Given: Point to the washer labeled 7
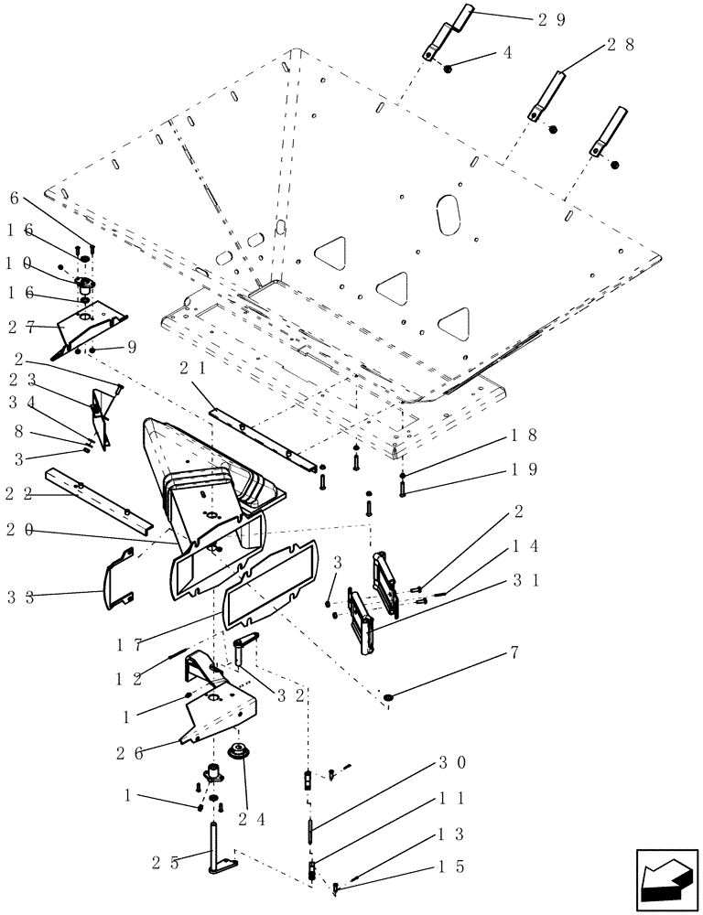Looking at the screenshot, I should pos(390,700).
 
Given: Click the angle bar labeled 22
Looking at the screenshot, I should pos(101,501).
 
